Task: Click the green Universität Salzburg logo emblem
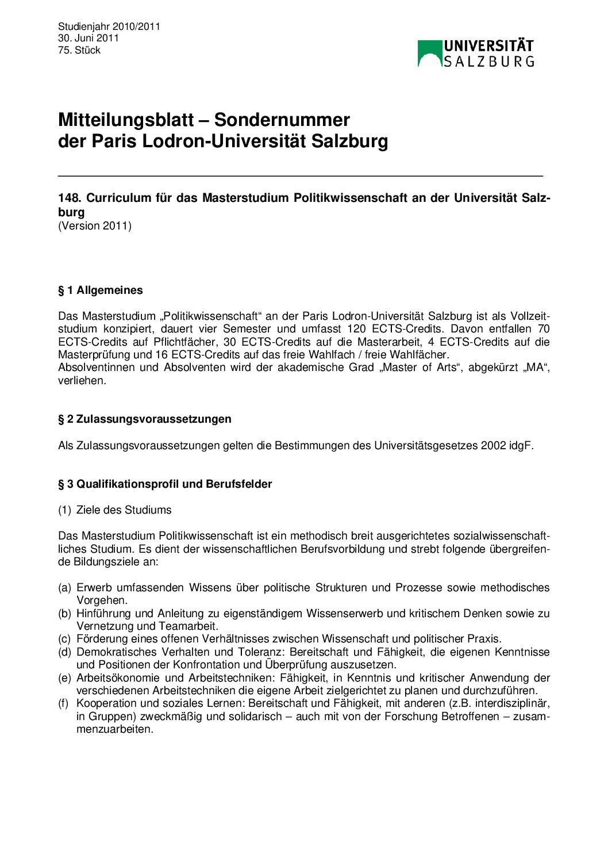(429, 53)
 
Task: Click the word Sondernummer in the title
(282, 120)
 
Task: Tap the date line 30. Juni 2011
(88, 38)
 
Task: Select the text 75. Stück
(79, 50)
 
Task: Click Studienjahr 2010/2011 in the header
(109, 26)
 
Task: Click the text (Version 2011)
(95, 225)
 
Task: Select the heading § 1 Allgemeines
(101, 290)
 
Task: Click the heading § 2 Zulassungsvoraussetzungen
(145, 419)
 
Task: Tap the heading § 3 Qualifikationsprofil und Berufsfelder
(165, 484)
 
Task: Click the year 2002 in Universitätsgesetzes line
(493, 445)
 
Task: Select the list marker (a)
(64, 587)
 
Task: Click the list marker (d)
(64, 652)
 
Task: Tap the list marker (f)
(64, 703)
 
